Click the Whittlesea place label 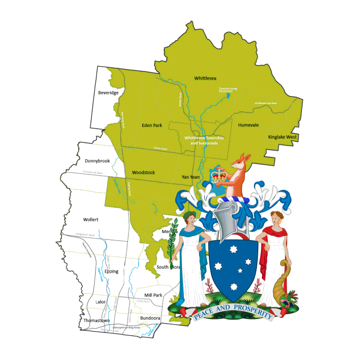click(205, 78)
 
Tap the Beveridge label click(108, 93)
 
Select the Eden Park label click(152, 126)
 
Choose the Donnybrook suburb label click(97, 161)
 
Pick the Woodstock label click(144, 172)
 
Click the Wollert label click(90, 220)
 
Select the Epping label click(111, 271)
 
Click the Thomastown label click(96, 320)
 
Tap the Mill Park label click(151, 295)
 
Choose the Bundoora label click(150, 318)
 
